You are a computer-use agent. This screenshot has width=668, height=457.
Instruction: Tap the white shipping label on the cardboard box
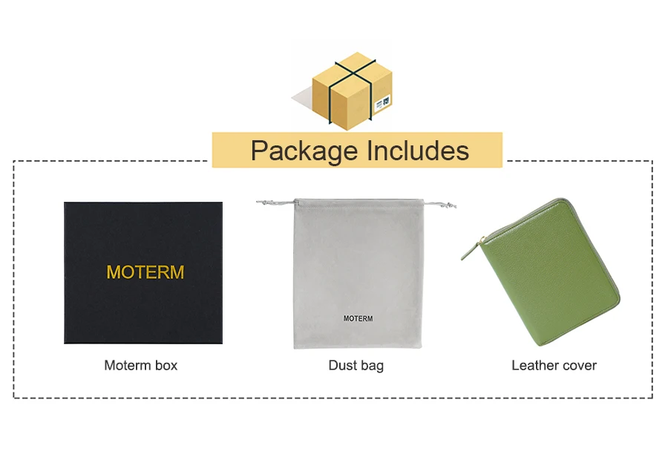(x=384, y=102)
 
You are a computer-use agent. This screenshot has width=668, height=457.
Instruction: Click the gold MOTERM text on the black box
(x=145, y=272)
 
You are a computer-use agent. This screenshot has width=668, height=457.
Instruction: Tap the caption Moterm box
(x=140, y=365)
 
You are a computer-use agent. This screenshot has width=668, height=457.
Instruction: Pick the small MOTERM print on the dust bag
(x=358, y=318)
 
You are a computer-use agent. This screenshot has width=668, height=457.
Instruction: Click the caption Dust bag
(x=356, y=365)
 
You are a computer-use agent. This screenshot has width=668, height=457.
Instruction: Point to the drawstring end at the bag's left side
(x=262, y=202)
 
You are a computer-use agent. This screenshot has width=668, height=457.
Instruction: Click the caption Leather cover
(x=554, y=365)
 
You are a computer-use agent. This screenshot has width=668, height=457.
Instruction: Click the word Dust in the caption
(x=341, y=365)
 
